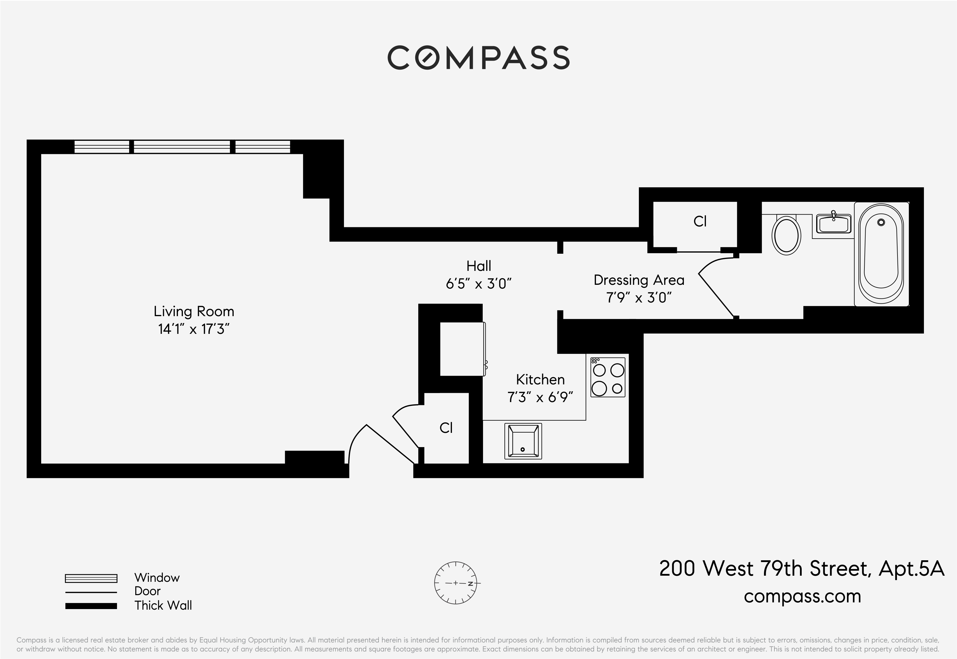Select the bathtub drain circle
point(881,222)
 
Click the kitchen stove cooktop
point(608,377)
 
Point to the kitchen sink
point(523,441)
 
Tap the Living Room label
point(194,311)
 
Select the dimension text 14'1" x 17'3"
point(194,329)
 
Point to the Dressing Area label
point(639,280)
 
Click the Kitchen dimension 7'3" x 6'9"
point(540,397)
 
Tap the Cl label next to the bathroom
point(700,222)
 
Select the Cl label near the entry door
point(446,428)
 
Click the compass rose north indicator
point(470,584)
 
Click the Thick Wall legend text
point(163,605)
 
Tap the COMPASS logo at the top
point(478,57)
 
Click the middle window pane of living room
point(182,147)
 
